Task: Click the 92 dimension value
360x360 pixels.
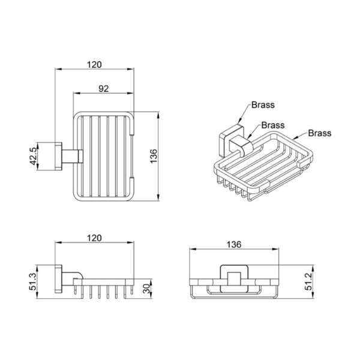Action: (x=104, y=89)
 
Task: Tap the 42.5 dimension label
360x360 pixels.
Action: (x=33, y=156)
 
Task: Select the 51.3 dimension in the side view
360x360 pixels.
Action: (x=33, y=282)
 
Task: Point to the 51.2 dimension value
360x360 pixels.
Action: (x=308, y=282)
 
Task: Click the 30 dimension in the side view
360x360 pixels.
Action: (x=146, y=289)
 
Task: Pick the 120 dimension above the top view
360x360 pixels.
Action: (x=94, y=65)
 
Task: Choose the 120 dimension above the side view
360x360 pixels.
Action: (x=94, y=238)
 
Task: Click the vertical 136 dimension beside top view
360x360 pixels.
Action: (x=154, y=156)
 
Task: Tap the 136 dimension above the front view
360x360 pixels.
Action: (x=234, y=245)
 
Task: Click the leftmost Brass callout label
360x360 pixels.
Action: (x=263, y=105)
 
